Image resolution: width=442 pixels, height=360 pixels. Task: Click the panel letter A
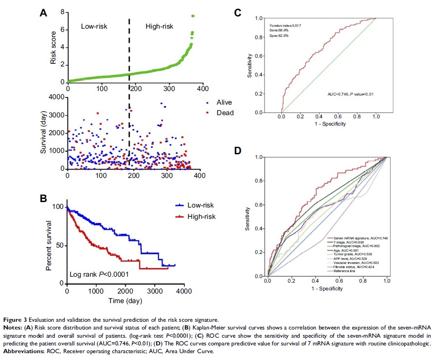pyautogui.click(x=43, y=13)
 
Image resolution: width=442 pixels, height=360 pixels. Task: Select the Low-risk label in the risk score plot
pyautogui.click(x=94, y=26)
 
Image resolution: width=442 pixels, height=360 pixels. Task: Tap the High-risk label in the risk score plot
pyautogui.click(x=159, y=26)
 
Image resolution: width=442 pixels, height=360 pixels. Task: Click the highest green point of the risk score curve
pyautogui.click(x=193, y=16)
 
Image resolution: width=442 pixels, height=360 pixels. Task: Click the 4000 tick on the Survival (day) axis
pyautogui.click(x=56, y=97)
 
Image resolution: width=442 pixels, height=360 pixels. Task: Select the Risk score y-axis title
pyautogui.click(x=53, y=44)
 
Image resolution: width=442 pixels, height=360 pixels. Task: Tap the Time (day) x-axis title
pyautogui.click(x=126, y=301)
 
